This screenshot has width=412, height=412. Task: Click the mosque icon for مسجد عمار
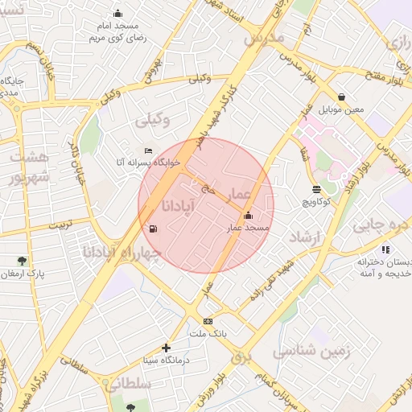(x=247, y=216)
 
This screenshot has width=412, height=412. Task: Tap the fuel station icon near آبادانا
(x=153, y=229)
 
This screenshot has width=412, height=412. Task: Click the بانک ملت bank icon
(x=208, y=321)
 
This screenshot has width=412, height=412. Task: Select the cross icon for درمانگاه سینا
(x=166, y=348)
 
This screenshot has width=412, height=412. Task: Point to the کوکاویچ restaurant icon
(x=317, y=189)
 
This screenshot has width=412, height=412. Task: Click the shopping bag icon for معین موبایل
(x=341, y=97)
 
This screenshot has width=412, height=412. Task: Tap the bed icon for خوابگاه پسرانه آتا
(x=148, y=150)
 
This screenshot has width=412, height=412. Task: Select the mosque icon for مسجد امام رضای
(x=118, y=13)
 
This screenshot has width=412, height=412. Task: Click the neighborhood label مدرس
(x=263, y=39)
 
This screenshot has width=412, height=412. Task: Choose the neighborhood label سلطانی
(x=128, y=385)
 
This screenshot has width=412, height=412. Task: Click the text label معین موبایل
(x=341, y=109)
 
